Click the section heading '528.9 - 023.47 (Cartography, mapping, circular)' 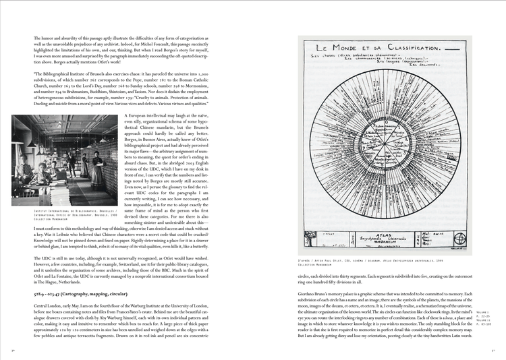pyautogui.click(x=74, y=294)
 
